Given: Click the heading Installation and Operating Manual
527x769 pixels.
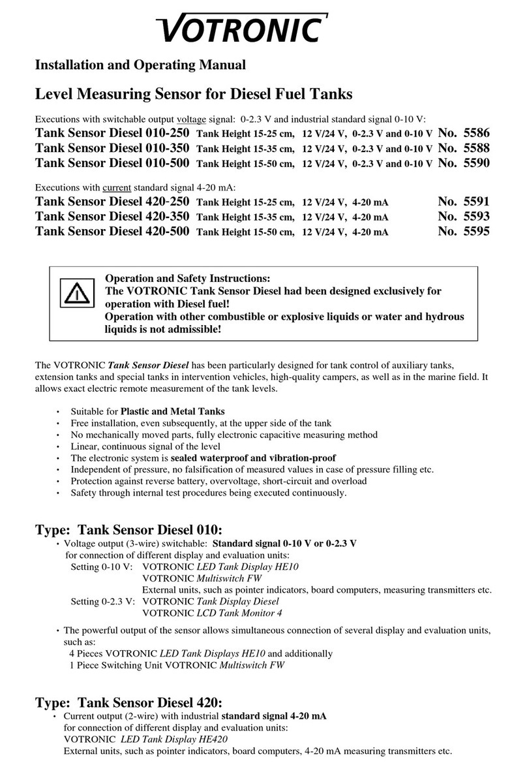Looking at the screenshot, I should tap(140, 65).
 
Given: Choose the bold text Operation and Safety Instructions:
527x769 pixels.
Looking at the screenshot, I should tap(188, 278).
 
